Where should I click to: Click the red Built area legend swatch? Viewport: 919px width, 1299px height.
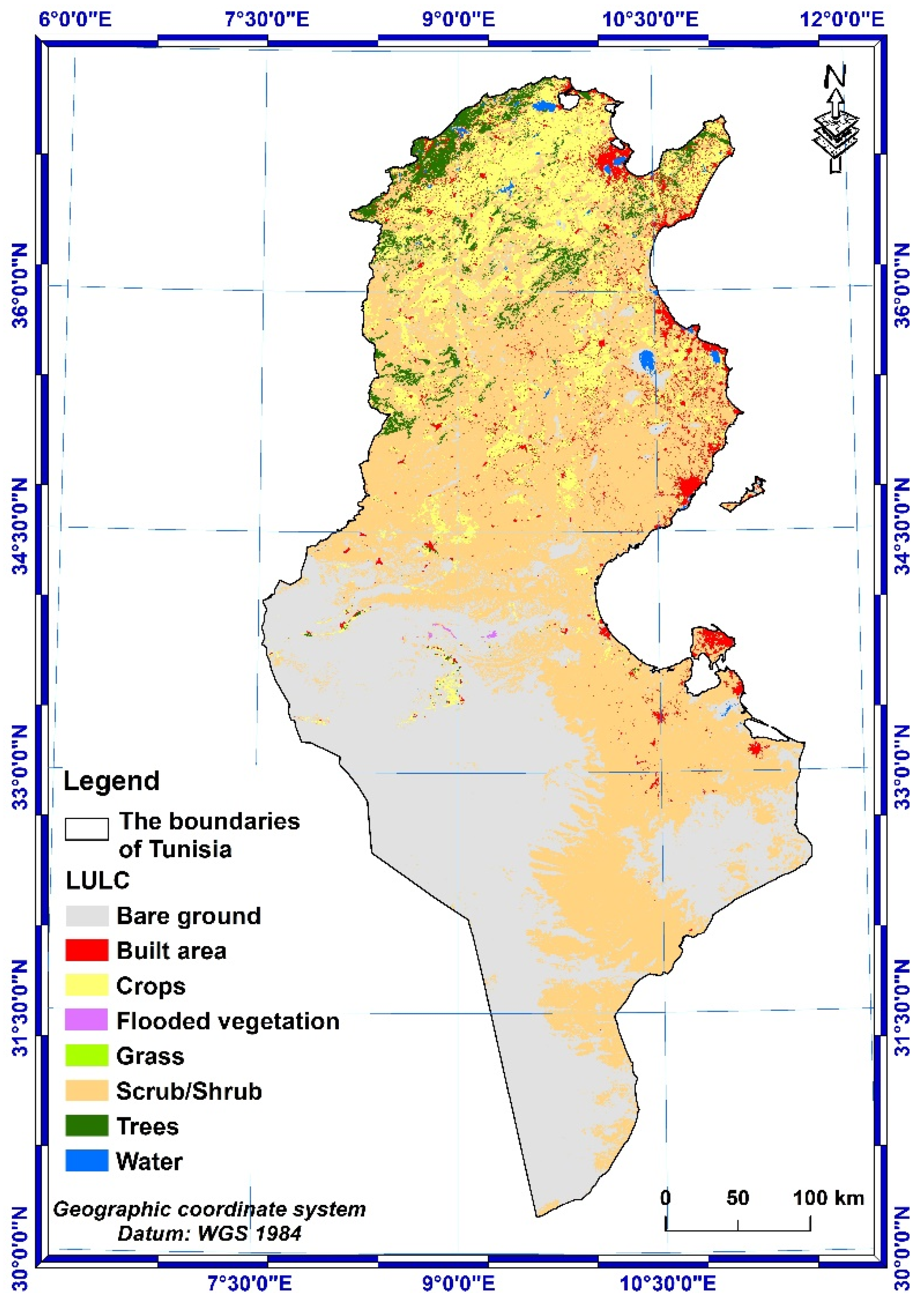[x=86, y=950]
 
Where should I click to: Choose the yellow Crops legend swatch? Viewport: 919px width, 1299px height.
[x=86, y=985]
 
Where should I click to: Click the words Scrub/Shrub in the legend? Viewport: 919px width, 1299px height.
[x=189, y=1091]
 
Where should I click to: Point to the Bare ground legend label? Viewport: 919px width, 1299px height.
[x=189, y=915]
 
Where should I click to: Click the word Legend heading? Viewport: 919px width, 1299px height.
[x=111, y=780]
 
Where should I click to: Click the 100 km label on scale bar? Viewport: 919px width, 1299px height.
[x=828, y=1198]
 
